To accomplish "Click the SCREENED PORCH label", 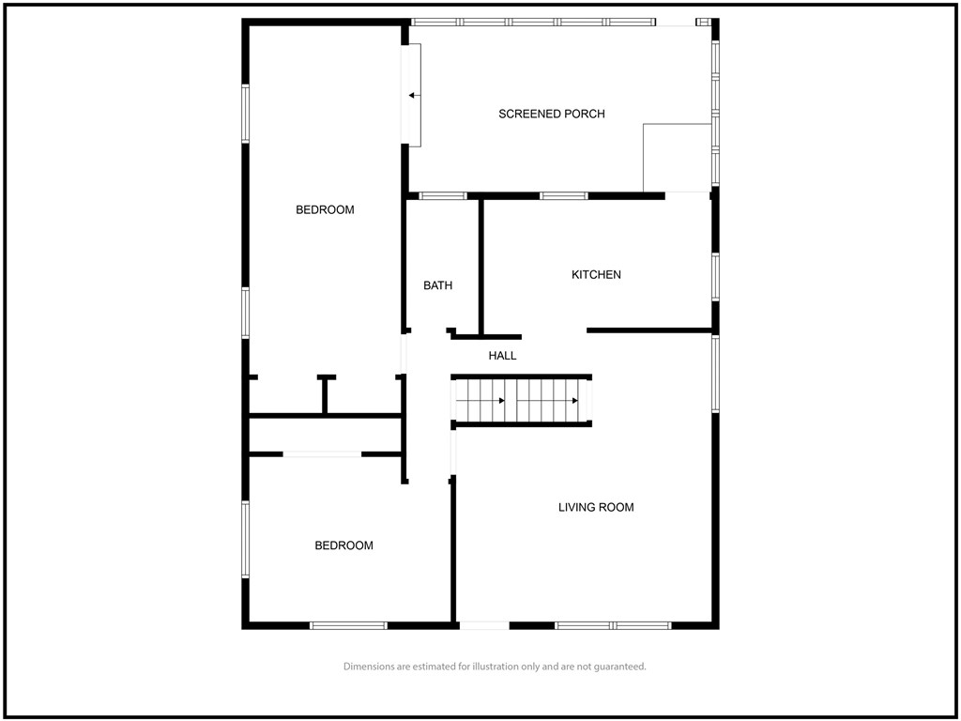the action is point(552,114).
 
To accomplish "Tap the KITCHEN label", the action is point(596,275).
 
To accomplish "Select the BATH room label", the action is point(438,285).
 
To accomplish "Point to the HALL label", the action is point(503,356).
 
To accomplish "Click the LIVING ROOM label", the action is point(596,507).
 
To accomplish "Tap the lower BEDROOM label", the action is point(343,545).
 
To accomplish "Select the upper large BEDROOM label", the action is point(325,209).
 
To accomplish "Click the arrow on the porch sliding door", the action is point(415,96).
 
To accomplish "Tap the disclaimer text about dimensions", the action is point(495,667).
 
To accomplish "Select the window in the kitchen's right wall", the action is point(715,277).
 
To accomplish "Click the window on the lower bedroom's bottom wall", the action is point(349,625).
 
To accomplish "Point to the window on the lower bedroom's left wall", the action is point(246,540).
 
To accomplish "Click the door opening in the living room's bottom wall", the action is point(484,625).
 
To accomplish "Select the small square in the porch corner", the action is point(677,158).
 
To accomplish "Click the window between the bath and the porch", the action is point(443,196).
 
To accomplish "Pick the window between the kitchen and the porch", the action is point(564,196).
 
